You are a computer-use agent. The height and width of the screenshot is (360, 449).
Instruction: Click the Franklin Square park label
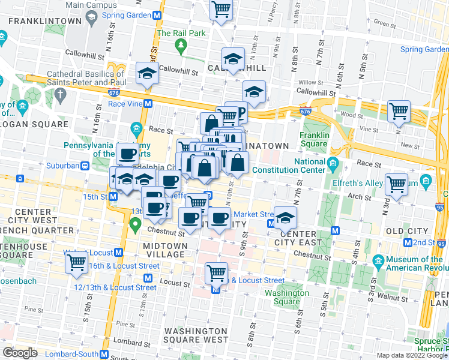(315, 139)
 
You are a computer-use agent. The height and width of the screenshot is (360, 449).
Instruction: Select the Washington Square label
(287, 298)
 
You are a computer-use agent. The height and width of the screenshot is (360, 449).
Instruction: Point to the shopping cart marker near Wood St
(399, 112)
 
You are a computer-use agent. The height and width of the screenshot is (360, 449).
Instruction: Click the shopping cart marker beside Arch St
(396, 185)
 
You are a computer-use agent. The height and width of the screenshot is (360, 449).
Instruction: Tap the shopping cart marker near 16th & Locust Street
(76, 263)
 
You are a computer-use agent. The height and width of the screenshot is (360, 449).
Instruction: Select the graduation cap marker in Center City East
(286, 217)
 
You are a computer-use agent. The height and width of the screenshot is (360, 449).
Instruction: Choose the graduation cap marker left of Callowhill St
(146, 74)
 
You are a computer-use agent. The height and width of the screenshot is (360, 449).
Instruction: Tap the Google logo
(20, 353)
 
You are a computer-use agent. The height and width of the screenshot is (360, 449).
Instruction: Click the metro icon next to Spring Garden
(157, 15)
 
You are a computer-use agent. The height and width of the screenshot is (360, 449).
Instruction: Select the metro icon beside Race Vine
(148, 103)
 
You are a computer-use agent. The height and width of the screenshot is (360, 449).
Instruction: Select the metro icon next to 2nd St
(408, 242)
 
